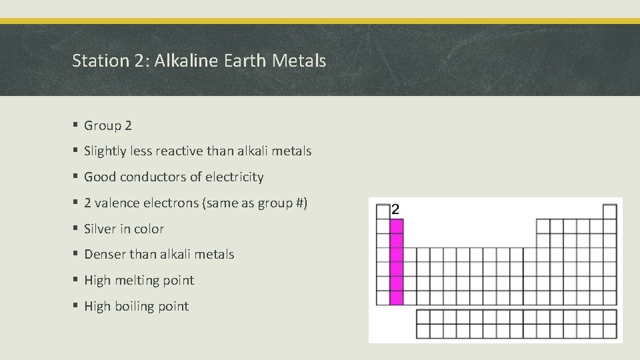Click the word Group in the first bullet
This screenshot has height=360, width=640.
(x=103, y=126)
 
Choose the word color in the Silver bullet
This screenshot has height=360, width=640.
(x=149, y=229)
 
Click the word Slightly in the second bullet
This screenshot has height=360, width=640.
(x=107, y=151)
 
